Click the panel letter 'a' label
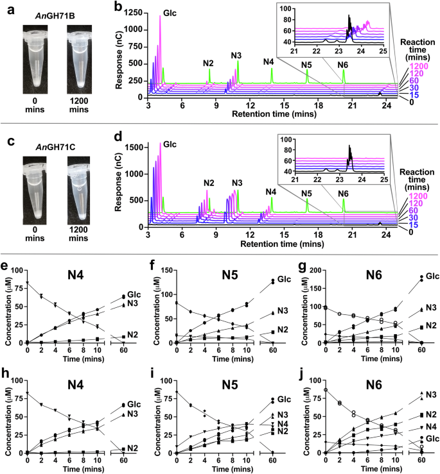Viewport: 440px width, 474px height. [x=6, y=6]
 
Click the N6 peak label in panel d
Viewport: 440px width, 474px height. [x=344, y=193]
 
